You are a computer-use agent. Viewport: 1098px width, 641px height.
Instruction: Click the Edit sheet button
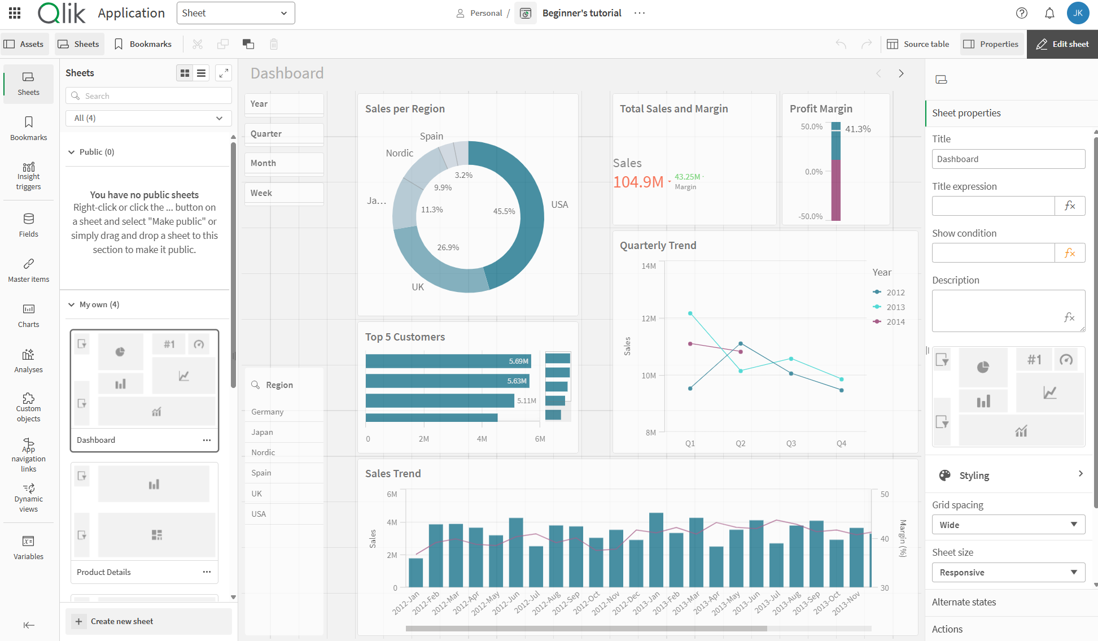click(x=1062, y=44)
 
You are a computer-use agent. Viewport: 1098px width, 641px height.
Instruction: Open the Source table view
click(x=918, y=44)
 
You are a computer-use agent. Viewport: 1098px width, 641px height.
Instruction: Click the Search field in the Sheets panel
click(x=148, y=96)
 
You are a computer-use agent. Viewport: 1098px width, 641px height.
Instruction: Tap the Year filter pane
click(x=284, y=104)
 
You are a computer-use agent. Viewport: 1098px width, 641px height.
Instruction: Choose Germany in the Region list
click(x=268, y=412)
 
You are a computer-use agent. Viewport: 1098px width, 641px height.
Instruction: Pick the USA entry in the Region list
click(x=259, y=514)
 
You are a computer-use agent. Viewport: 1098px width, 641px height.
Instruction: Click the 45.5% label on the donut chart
click(x=504, y=211)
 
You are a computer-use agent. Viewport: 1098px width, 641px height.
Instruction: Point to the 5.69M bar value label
click(x=518, y=361)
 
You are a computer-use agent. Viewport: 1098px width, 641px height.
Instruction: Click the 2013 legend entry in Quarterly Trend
click(x=895, y=307)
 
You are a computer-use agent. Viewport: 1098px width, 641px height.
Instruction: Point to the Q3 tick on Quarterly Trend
click(x=791, y=443)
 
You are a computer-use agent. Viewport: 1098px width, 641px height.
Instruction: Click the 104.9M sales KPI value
click(x=638, y=182)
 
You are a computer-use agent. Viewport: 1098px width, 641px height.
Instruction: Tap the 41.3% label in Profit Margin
click(x=858, y=129)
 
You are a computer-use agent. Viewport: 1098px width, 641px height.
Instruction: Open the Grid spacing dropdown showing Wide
click(x=1008, y=525)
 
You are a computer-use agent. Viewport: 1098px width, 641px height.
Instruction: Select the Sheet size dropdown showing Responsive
click(x=1008, y=572)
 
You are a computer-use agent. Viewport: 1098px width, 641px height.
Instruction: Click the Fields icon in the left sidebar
click(x=28, y=224)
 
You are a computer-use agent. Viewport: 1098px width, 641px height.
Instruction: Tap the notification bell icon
click(x=1049, y=13)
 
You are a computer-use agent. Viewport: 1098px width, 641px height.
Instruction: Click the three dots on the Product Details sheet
click(x=207, y=572)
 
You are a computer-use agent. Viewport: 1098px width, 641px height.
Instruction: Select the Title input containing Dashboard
click(x=1008, y=159)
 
